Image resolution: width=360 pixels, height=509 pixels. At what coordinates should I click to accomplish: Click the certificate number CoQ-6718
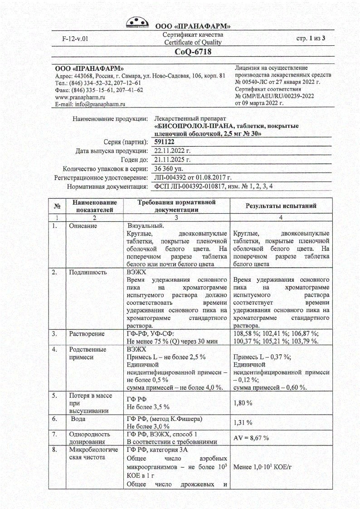coord(193,52)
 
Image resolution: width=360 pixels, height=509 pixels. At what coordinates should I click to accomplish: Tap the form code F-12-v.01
coord(75,39)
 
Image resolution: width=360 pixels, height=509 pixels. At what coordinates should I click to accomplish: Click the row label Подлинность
coord(88,272)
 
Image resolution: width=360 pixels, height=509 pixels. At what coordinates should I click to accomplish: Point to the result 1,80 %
coord(243,403)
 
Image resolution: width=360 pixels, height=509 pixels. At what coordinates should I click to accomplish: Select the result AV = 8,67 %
coord(251,438)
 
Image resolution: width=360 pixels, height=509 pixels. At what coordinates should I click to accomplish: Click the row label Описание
coord(83,225)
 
